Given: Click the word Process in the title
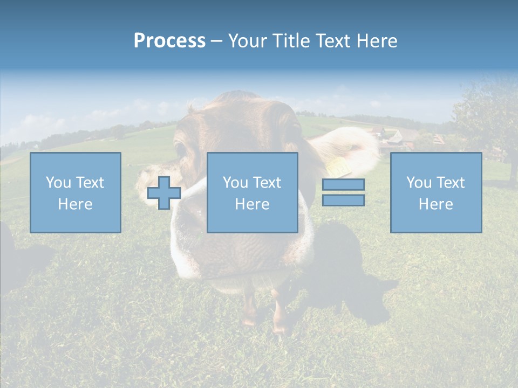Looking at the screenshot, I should click(x=169, y=41).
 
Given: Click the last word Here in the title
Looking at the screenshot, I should click(x=377, y=41).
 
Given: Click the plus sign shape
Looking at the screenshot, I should click(x=164, y=193).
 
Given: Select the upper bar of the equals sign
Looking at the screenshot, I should click(x=343, y=185).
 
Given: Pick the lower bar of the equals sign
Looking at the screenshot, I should click(x=343, y=200).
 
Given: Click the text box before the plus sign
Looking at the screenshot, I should click(x=75, y=192).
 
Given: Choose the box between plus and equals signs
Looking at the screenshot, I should click(x=252, y=192).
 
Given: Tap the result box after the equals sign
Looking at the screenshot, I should click(x=435, y=192).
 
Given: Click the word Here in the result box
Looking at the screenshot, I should click(x=435, y=204).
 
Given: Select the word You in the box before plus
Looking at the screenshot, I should click(x=58, y=183).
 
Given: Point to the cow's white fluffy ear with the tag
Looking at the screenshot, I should click(x=351, y=148).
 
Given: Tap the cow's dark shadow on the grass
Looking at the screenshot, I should click(x=351, y=275).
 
